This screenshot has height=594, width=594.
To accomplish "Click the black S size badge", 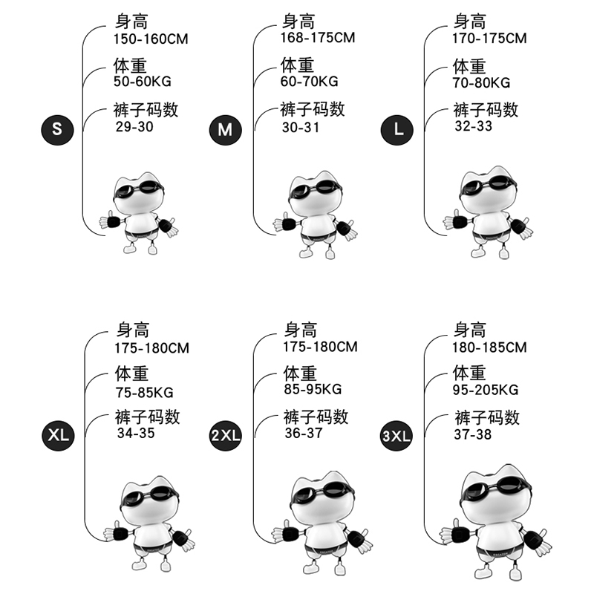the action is (x=57, y=129).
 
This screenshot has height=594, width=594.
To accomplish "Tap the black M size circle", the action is (x=225, y=130).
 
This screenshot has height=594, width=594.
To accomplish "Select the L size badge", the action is (x=397, y=129).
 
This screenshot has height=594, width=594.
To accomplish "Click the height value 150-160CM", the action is (x=151, y=39).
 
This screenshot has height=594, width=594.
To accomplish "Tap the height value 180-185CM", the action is (x=489, y=347).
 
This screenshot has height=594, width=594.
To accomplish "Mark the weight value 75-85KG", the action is (x=143, y=393).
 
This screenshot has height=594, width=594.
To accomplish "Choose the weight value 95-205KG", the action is (x=486, y=390).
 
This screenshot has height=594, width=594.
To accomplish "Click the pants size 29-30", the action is (x=134, y=127).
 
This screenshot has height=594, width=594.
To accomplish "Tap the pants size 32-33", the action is (x=473, y=126).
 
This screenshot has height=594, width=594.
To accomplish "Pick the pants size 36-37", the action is (x=304, y=433).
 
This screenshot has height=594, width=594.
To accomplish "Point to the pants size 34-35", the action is (x=136, y=433).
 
